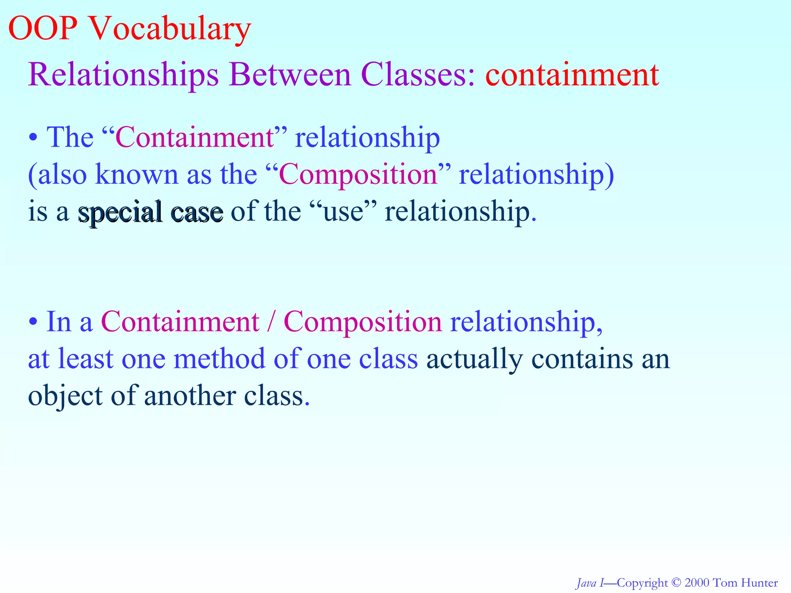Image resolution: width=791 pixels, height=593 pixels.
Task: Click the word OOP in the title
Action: point(42,29)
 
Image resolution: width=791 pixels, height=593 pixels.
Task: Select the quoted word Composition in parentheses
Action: point(358,175)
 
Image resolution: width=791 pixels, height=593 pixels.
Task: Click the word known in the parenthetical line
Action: point(137,175)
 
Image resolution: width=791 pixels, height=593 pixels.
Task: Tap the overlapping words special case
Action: point(151,212)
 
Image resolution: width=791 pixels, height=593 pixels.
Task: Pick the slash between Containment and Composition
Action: point(271,322)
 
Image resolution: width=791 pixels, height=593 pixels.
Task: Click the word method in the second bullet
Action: point(219,359)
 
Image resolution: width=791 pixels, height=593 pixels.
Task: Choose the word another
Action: point(190,396)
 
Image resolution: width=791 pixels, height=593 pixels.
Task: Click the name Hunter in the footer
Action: point(760,583)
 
